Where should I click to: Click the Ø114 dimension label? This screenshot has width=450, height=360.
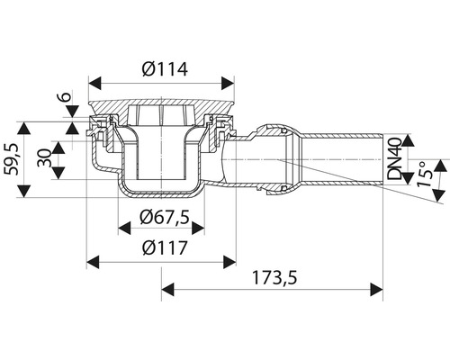tap(165, 69)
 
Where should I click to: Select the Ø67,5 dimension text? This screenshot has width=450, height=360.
tap(165, 217)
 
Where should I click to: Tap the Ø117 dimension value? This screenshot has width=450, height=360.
tap(165, 247)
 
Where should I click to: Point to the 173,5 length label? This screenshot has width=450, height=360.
tap(274, 277)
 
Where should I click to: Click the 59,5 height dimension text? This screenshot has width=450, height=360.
tap(12, 159)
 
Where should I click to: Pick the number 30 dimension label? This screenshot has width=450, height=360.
tap(44, 157)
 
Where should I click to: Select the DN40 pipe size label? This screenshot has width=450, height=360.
tap(394, 158)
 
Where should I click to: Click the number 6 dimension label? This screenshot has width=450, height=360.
tap(67, 96)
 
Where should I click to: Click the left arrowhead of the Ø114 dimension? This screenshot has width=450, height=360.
tap(94, 83)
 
